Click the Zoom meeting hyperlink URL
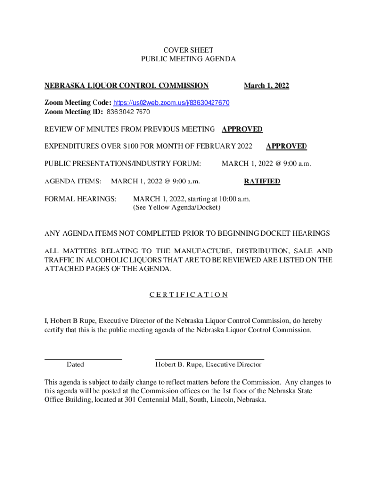pos(171,103)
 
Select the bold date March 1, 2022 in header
pos(266,86)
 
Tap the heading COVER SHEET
pos(188,50)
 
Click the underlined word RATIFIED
pos(262,182)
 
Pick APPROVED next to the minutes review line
pos(242,129)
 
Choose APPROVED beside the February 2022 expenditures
pos(286,146)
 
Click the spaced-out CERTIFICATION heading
pos(188,295)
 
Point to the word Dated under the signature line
pos(75,364)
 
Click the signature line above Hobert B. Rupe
pos(210,359)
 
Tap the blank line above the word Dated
pos(83,359)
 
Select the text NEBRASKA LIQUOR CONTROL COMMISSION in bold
pos(126,86)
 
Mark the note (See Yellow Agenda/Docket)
pos(177,208)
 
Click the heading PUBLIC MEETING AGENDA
pos(188,59)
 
